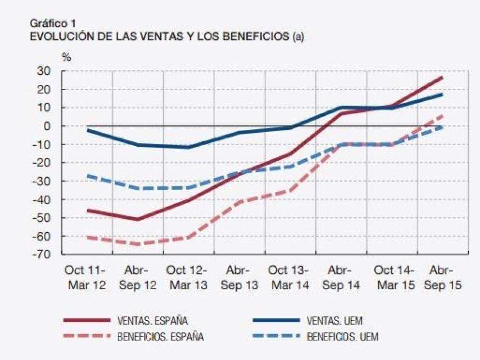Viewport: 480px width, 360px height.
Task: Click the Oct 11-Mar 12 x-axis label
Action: point(87,277)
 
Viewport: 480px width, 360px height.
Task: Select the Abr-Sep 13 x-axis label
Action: point(239,277)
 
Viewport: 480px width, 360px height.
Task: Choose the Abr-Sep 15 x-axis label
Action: point(442,277)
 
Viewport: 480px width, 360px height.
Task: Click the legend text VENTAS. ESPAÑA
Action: point(152,321)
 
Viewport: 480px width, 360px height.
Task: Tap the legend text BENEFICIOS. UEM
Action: point(342,337)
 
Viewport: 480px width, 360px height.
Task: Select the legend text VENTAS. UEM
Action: point(334,321)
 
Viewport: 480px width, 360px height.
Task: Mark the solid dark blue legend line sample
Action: point(276,321)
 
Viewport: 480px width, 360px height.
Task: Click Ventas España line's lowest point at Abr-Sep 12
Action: point(138,219)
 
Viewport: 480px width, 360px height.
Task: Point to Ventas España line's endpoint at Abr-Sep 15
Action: point(442,77)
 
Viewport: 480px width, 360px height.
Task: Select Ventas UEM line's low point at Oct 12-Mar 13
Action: point(188,147)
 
